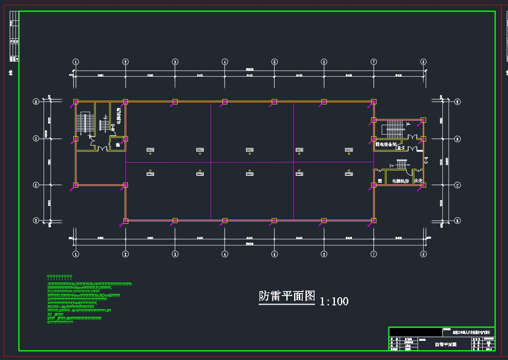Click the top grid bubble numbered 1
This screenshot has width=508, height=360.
click(75, 62)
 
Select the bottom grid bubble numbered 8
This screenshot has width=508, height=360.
click(424, 254)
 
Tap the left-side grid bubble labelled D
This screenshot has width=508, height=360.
click(36, 139)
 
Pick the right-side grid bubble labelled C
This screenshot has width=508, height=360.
click(457, 185)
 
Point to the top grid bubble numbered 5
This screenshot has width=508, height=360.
click(275, 62)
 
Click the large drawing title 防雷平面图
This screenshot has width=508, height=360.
click(287, 296)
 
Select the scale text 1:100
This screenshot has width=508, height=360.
click(334, 301)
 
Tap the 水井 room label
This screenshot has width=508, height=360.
click(418, 181)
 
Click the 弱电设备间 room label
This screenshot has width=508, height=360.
click(385, 144)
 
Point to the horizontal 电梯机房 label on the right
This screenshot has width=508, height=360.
click(400, 181)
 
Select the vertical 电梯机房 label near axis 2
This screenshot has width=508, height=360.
click(119, 115)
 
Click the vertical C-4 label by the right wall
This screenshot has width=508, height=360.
click(426, 160)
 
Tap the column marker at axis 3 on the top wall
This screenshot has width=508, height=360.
click(175, 102)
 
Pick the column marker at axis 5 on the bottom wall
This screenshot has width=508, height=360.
click(275, 221)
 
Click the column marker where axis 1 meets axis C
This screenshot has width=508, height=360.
click(76, 185)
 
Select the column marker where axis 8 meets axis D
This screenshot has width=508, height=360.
click(423, 139)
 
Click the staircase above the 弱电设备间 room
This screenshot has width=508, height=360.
click(394, 129)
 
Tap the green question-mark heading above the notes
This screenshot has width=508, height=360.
click(59, 277)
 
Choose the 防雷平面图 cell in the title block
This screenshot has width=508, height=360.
click(446, 345)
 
